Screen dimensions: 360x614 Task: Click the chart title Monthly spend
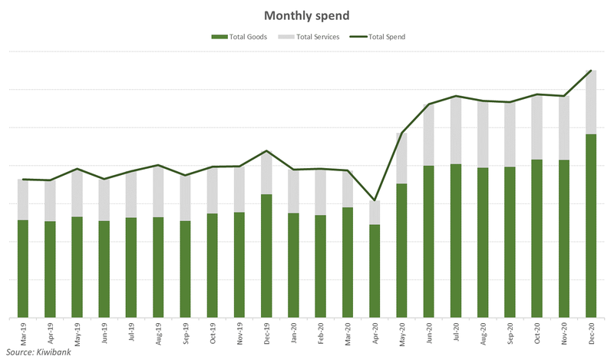pos(307,15)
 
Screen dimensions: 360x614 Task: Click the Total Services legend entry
pos(314,37)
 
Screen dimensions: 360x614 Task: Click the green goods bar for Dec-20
pos(590,226)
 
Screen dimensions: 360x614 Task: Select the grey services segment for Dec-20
pos(590,102)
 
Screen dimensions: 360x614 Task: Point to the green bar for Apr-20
pos(374,271)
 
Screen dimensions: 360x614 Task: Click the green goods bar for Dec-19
pos(266,256)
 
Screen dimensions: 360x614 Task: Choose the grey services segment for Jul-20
pos(455,130)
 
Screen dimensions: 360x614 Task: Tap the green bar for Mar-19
pos(22,269)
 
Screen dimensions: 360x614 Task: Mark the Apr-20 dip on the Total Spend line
pos(374,201)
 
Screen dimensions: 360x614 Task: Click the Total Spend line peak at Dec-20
pos(590,71)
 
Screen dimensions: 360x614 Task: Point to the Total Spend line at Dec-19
pos(266,151)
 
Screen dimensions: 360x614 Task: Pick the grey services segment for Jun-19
pos(104,200)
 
